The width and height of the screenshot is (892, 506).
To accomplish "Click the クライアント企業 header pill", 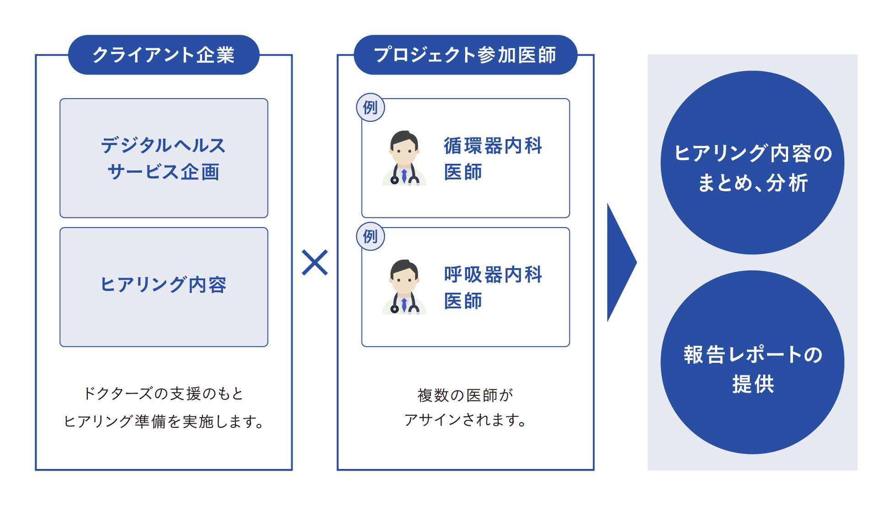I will pos(163,55).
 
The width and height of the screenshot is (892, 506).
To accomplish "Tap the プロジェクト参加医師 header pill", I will pos(465,55).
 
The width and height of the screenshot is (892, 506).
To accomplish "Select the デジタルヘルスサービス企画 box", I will pos(163,158).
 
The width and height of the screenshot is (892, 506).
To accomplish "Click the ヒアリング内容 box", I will pos(163,287).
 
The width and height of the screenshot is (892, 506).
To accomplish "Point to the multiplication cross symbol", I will pos(315,262).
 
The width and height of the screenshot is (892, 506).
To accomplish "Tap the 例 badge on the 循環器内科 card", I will pos(370,108).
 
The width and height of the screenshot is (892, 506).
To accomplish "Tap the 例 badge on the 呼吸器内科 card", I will pos(370,237).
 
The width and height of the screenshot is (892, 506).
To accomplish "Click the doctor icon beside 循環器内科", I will pos(404,158).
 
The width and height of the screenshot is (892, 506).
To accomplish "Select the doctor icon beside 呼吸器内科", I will pos(404,287).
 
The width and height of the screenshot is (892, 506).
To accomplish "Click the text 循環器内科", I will pos(493,146).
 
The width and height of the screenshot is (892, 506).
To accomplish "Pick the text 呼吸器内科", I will pos(493,275).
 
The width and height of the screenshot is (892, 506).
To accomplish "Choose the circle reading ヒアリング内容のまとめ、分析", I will pos(752,162).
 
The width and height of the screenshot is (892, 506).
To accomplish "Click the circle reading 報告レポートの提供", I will pos(752,362).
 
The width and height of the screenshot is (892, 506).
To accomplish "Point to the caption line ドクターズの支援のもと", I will pos(163,393).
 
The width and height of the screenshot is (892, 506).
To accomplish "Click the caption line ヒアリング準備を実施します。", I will pos(163,421).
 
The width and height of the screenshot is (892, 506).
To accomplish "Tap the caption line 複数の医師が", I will pos(465,395).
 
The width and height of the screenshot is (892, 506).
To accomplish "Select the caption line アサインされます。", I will pos(465,420).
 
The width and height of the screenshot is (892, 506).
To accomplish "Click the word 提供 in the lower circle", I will pos(752,383).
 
